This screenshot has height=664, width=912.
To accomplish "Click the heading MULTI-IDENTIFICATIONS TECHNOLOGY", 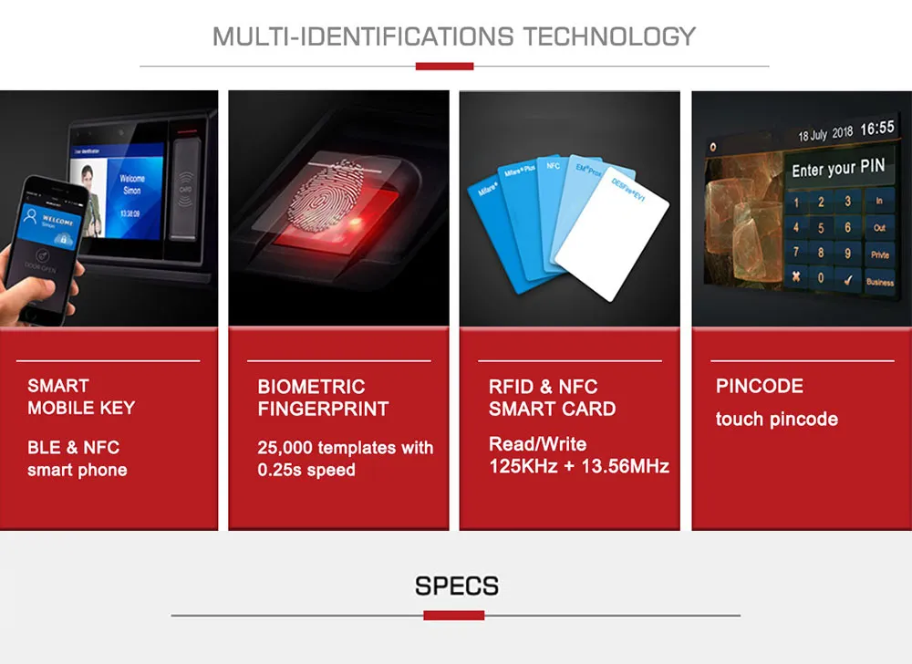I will pos(454,36).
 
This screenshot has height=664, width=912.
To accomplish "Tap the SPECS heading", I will pos(456,585).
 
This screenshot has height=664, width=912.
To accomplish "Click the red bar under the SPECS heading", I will pos(453,616).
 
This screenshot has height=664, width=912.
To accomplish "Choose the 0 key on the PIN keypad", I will pos(821,277).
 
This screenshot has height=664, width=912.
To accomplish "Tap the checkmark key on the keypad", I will pos(848,277).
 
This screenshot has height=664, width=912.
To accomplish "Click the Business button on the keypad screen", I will pos(879,282).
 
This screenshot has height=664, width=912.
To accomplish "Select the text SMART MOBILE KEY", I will pos(81,397).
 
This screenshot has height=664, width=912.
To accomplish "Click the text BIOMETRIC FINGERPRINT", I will pos(323,398).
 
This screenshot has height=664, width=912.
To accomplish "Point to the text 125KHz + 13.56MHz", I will pos(579,467).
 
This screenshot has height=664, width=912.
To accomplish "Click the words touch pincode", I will pos(776,420).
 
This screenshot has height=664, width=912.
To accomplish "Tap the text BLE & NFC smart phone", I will pos(77,459).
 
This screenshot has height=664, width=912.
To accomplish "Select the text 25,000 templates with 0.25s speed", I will pos(345,459).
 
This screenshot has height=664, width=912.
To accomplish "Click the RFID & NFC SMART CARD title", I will pos(552,398).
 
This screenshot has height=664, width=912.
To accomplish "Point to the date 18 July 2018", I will pos(825,134).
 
